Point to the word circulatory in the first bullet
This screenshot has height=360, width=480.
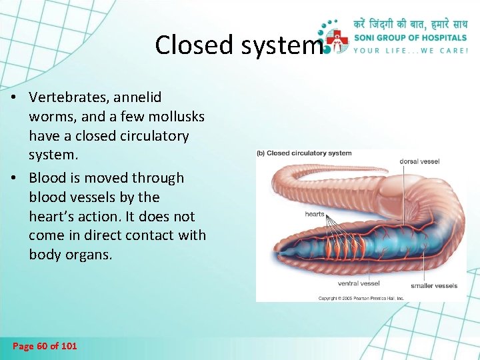click(x=153, y=136)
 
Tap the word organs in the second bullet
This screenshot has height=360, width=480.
click(x=91, y=255)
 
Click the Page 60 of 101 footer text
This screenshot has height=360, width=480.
click(x=45, y=346)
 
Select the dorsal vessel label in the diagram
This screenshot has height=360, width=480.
click(x=419, y=161)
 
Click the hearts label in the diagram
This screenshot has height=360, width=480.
click(x=315, y=214)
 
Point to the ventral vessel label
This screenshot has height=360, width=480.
click(x=359, y=283)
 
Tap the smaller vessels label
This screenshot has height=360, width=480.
click(x=434, y=286)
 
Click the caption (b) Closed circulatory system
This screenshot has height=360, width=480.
click(x=304, y=153)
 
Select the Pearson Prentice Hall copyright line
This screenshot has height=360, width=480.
click(x=361, y=298)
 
